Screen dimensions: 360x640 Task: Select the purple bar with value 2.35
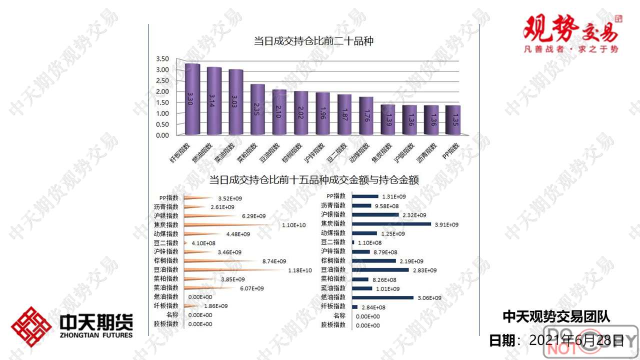click(257, 110)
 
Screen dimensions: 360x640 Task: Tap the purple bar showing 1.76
click(366, 116)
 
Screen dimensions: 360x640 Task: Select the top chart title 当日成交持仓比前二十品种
click(313, 41)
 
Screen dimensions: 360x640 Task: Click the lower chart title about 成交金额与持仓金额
click(313, 179)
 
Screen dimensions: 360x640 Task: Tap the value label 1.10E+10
click(293, 225)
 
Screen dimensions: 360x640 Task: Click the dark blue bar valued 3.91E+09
click(391, 224)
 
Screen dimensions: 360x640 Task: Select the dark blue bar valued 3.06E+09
click(382, 297)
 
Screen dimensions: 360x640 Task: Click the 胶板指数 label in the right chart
click(333, 324)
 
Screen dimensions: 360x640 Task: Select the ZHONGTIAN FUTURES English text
click(96, 334)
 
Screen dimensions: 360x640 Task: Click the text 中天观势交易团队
click(556, 316)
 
